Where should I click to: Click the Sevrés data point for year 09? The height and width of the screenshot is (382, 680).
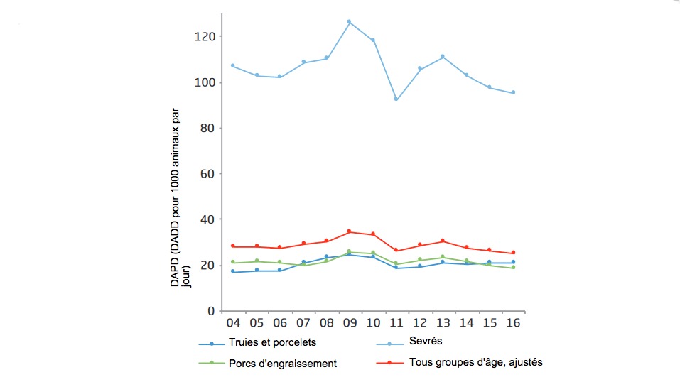349,22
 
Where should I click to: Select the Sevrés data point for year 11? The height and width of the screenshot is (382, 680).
396,99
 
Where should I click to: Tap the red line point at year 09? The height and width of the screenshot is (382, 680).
349,231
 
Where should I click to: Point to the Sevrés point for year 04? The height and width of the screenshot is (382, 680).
232,65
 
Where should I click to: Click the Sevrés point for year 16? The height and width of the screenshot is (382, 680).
513,92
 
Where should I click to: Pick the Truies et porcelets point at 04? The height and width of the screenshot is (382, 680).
232,272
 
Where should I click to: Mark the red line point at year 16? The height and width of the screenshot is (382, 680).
513,253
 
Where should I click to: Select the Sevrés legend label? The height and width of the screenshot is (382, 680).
425,342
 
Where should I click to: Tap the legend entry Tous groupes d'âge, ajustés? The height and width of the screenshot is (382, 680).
475,362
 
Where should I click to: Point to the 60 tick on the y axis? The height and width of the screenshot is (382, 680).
207,174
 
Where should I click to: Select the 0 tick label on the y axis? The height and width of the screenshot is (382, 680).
210,311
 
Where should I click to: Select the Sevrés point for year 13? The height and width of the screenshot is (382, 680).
443,57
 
